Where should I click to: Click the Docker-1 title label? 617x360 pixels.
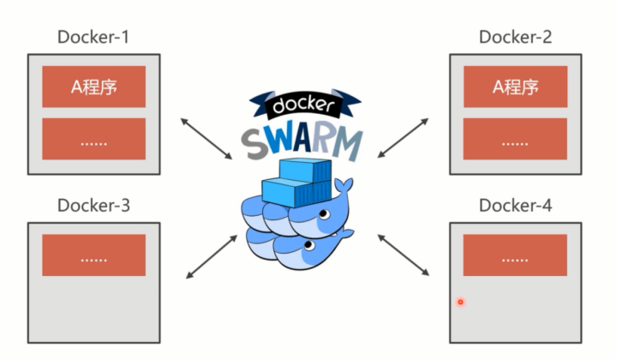[93, 37]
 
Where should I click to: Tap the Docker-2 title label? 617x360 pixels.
[515, 37]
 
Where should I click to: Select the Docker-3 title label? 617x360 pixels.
[93, 206]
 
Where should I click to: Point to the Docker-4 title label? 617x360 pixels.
[515, 206]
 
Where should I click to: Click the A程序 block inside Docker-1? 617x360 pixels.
[93, 87]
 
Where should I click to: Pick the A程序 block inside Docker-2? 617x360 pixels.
[515, 87]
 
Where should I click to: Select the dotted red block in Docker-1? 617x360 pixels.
[93, 140]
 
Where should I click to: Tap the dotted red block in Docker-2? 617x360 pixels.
[515, 140]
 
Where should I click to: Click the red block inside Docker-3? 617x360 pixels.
[93, 255]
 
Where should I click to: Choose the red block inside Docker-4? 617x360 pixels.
[515, 255]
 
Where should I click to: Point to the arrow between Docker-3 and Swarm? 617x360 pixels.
[211, 255]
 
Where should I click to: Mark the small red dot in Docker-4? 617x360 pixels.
[460, 302]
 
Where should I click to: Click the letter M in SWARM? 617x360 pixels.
[347, 145]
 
